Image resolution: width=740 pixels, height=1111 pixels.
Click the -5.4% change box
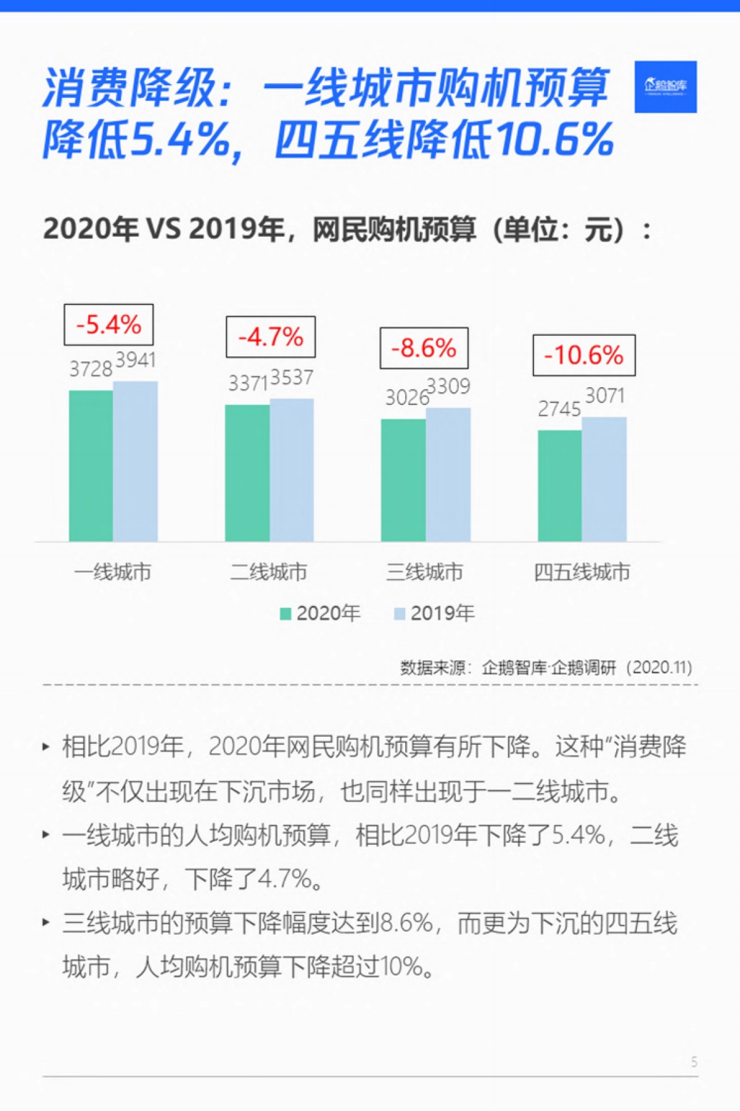[109, 324]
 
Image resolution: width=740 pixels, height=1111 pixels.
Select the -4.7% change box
[271, 337]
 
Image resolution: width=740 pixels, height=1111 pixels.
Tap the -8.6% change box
[424, 348]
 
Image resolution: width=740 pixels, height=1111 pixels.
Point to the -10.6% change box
[584, 355]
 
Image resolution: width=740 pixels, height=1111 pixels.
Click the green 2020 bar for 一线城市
[91, 466]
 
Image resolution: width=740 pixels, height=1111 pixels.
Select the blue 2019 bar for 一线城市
[135, 461]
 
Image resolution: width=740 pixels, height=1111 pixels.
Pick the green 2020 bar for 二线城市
[247, 473]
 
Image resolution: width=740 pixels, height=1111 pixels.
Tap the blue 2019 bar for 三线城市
[448, 475]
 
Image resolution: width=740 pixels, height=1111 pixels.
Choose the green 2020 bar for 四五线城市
[560, 486]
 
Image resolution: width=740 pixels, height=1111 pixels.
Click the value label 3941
[136, 359]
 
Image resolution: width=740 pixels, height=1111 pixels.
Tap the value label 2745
[559, 409]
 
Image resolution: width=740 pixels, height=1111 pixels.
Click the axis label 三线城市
[424, 572]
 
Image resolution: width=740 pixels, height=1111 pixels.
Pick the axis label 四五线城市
[582, 572]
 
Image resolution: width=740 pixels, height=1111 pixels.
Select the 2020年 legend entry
[321, 613]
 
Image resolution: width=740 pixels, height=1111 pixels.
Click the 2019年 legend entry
[435, 613]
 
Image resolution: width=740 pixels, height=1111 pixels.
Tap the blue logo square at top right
[665, 87]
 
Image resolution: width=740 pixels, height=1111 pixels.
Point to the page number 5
[694, 1062]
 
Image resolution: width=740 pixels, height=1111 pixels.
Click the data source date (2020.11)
[659, 667]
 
